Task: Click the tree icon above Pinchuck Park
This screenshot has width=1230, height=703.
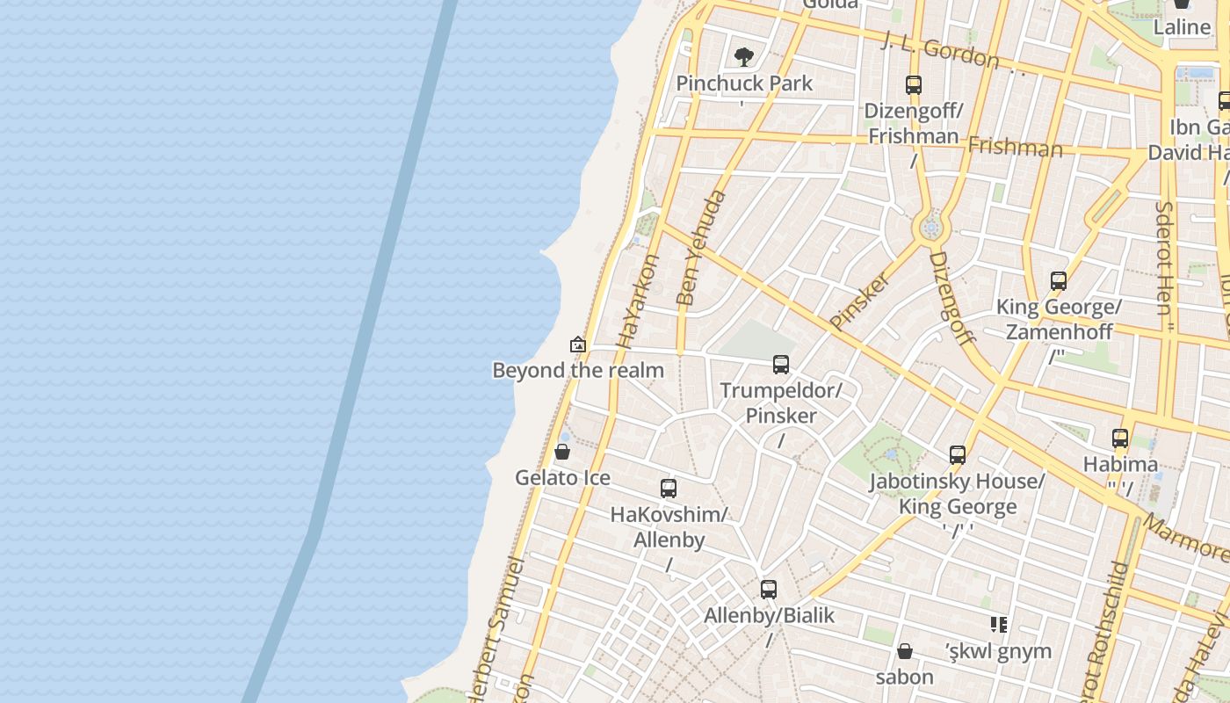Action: [744, 58]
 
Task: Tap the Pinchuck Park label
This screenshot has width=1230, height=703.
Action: [744, 83]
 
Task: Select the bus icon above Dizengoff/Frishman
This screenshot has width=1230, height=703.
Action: [914, 85]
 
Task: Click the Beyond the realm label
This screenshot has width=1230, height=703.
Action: [578, 370]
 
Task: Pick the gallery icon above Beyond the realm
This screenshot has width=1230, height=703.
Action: [577, 344]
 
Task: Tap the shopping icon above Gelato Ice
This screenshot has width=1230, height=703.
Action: [562, 452]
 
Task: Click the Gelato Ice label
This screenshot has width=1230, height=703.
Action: [562, 478]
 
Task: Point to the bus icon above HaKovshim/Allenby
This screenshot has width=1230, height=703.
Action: [669, 489]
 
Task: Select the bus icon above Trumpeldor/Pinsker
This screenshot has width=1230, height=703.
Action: [781, 364]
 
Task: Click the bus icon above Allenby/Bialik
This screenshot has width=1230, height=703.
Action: [769, 590]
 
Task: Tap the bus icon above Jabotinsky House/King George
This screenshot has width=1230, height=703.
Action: [958, 455]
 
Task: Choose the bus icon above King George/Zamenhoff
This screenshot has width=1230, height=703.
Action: [1059, 281]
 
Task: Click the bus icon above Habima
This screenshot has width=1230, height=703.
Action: [1120, 438]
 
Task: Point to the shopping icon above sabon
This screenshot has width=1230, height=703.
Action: [905, 651]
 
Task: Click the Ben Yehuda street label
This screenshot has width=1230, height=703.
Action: [701, 248]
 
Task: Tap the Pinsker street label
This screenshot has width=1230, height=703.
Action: [860, 301]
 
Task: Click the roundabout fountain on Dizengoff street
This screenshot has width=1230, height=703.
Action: [931, 228]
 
